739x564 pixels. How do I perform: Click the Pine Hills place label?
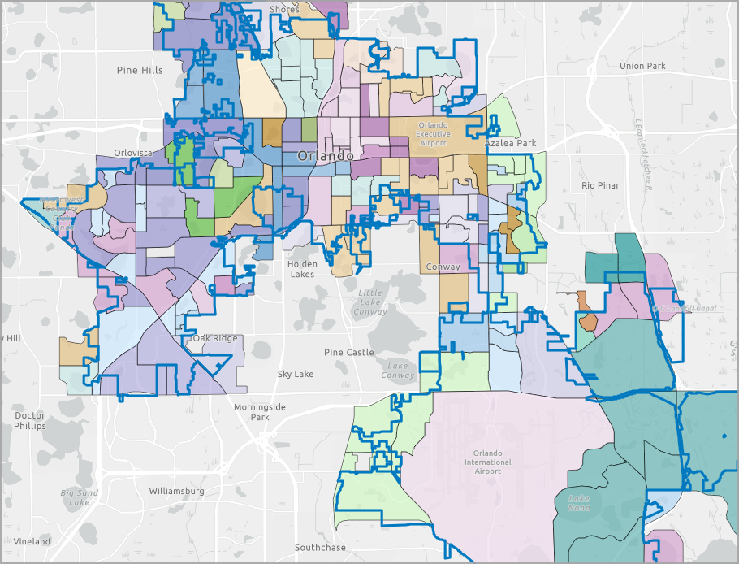click(x=140, y=70)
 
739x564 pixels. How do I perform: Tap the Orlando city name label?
click(x=325, y=155)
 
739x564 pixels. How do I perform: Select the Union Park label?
click(x=642, y=66)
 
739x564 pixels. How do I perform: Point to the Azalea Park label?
click(x=511, y=143)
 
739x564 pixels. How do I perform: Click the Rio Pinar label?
click(x=600, y=185)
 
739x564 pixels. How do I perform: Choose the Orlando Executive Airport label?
click(x=434, y=133)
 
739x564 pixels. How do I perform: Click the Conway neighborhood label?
click(x=442, y=267)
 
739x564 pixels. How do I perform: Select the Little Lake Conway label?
click(x=371, y=302)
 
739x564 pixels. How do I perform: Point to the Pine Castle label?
click(x=349, y=352)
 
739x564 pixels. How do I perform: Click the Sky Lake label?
click(x=296, y=374)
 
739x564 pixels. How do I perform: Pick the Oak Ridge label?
click(x=215, y=338)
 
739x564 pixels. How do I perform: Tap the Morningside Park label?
click(x=260, y=411)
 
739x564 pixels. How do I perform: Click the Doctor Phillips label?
click(x=30, y=420)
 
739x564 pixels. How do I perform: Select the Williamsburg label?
click(x=177, y=491)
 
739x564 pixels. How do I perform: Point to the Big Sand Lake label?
click(x=80, y=497)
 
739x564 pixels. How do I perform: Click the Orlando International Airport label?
click(x=488, y=462)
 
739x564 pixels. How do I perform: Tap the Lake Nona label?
click(x=579, y=503)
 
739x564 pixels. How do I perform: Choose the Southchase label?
click(x=320, y=548)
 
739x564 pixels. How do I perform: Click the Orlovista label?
click(x=133, y=152)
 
